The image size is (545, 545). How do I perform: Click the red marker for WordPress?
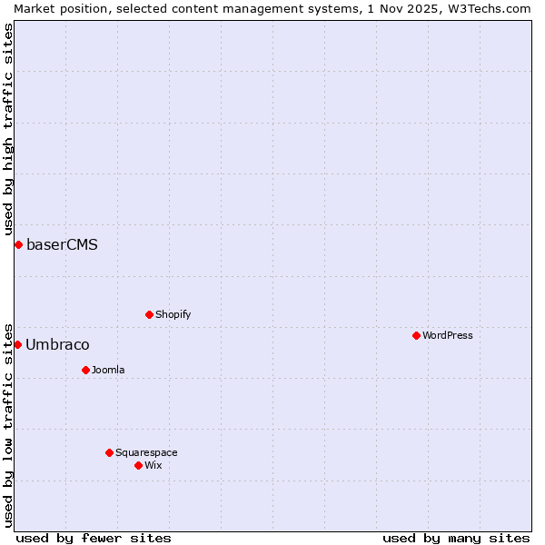[416, 335]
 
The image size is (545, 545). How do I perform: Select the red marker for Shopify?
[149, 314]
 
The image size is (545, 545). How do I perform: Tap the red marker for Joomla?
[85, 370]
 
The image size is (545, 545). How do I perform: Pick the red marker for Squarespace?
[109, 452]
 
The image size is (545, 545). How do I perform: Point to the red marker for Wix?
[138, 465]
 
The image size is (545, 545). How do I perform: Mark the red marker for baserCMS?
[18, 244]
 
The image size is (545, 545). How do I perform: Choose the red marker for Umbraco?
[17, 344]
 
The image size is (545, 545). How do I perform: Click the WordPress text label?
[448, 335]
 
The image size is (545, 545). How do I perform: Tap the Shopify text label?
[173, 314]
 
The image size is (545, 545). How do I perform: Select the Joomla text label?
[108, 370]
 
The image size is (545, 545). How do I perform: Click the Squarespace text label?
[146, 452]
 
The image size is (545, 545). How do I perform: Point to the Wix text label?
[153, 465]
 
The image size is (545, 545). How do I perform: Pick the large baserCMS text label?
[62, 244]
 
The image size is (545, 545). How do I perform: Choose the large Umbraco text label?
[57, 344]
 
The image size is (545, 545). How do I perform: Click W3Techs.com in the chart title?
[487, 8]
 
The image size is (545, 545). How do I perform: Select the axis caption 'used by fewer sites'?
[94, 538]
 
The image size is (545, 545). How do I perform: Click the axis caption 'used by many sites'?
[456, 538]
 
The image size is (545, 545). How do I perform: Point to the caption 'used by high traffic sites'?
[8, 130]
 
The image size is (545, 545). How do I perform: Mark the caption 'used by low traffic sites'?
[8, 424]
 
